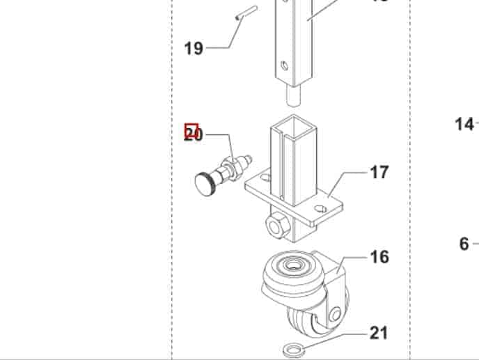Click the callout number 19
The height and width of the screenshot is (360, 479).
point(194,48)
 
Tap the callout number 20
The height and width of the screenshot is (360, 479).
point(194,135)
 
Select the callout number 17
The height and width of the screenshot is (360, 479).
point(379,172)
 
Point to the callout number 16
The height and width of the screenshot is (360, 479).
point(379,257)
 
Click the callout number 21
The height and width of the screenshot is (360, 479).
point(379,333)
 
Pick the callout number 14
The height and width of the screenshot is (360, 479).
point(464,125)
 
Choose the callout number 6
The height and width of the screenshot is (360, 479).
point(464,244)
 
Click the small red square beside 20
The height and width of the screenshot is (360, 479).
point(191,130)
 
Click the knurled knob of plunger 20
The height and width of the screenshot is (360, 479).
point(205,184)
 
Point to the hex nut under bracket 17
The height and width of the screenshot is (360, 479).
point(274,225)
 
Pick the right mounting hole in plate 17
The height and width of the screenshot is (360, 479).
point(321,207)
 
